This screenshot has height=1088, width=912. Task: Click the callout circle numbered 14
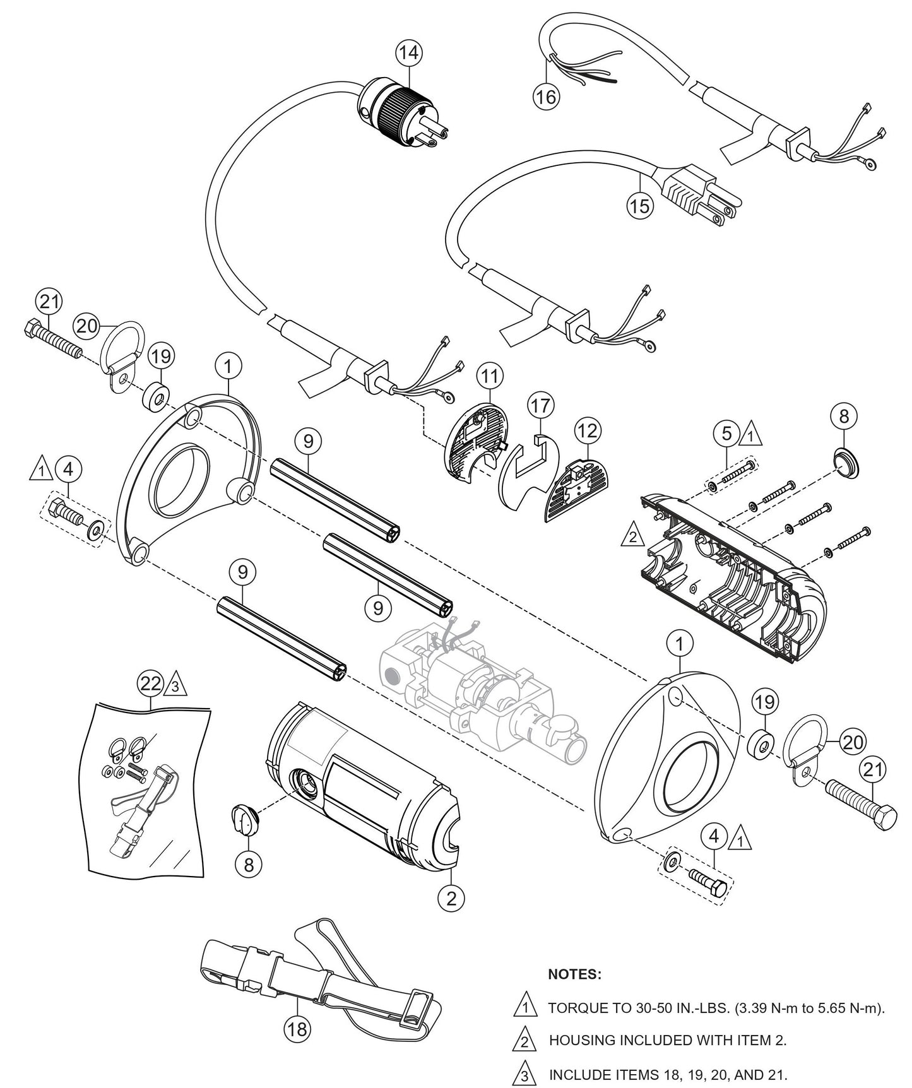(409, 52)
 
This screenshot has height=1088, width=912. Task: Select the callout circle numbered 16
(547, 97)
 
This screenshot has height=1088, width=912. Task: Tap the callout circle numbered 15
(640, 206)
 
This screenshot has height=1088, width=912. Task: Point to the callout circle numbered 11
(490, 376)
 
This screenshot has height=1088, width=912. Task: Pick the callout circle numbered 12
(588, 431)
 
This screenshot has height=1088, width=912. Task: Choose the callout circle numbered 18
(297, 1029)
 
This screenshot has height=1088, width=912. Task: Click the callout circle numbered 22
(151, 683)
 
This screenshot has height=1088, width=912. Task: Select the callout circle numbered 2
(451, 898)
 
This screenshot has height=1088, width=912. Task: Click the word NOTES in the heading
(574, 974)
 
